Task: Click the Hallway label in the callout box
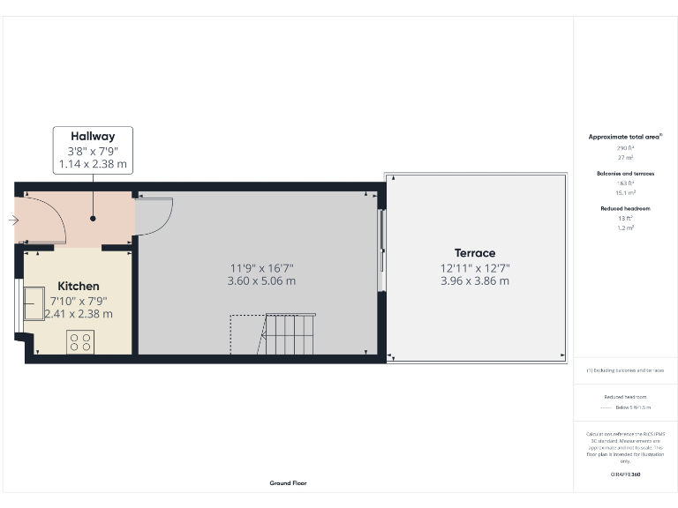(93, 137)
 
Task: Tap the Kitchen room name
(79, 287)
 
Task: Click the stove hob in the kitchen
(79, 341)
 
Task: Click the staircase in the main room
(289, 334)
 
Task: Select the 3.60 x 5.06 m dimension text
(260, 281)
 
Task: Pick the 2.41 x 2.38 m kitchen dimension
(79, 313)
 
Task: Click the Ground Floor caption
(288, 483)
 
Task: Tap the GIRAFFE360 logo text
(625, 474)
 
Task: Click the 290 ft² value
(625, 149)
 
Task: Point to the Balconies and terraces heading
(625, 174)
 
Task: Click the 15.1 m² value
(625, 192)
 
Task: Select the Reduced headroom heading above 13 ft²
(625, 209)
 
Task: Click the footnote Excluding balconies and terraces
(626, 371)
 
